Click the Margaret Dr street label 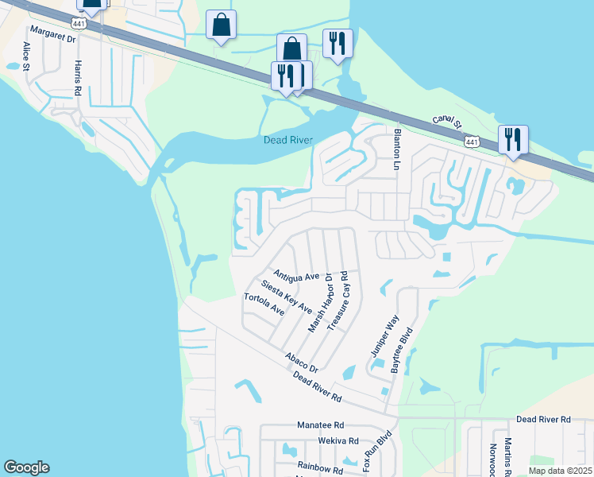tap(52, 35)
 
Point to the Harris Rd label tap(78, 74)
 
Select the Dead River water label tap(288, 141)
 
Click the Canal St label tap(447, 120)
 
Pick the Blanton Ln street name tap(395, 149)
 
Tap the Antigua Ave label tap(295, 276)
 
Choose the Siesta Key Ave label tap(286, 296)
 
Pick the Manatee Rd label tap(321, 425)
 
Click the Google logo tap(26, 467)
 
